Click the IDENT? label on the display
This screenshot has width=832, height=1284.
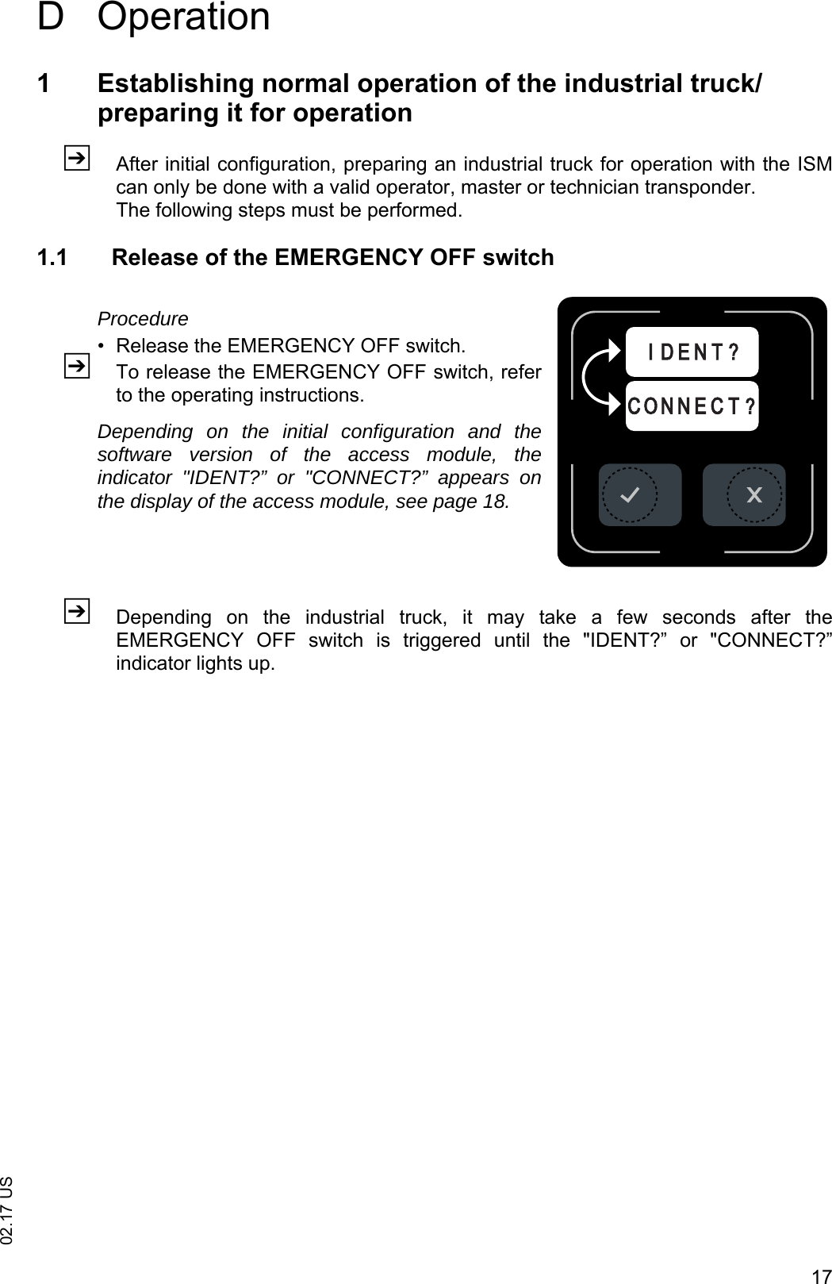click(x=692, y=352)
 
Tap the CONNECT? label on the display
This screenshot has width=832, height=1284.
click(x=692, y=406)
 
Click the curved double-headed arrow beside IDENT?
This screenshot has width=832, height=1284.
click(x=596, y=377)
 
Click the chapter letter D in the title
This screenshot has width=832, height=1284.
click(x=50, y=17)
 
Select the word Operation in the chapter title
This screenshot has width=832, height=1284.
click(x=184, y=17)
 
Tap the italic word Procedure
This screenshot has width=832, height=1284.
click(x=143, y=319)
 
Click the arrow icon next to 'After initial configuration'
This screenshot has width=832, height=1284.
click(x=76, y=158)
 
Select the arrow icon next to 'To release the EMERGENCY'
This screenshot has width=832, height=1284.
click(x=76, y=366)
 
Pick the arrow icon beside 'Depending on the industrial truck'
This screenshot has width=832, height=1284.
click(x=76, y=611)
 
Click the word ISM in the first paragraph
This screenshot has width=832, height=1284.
click(x=812, y=165)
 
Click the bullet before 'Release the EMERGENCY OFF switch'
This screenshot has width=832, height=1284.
click(x=101, y=347)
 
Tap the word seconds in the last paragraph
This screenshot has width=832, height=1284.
click(x=699, y=617)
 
